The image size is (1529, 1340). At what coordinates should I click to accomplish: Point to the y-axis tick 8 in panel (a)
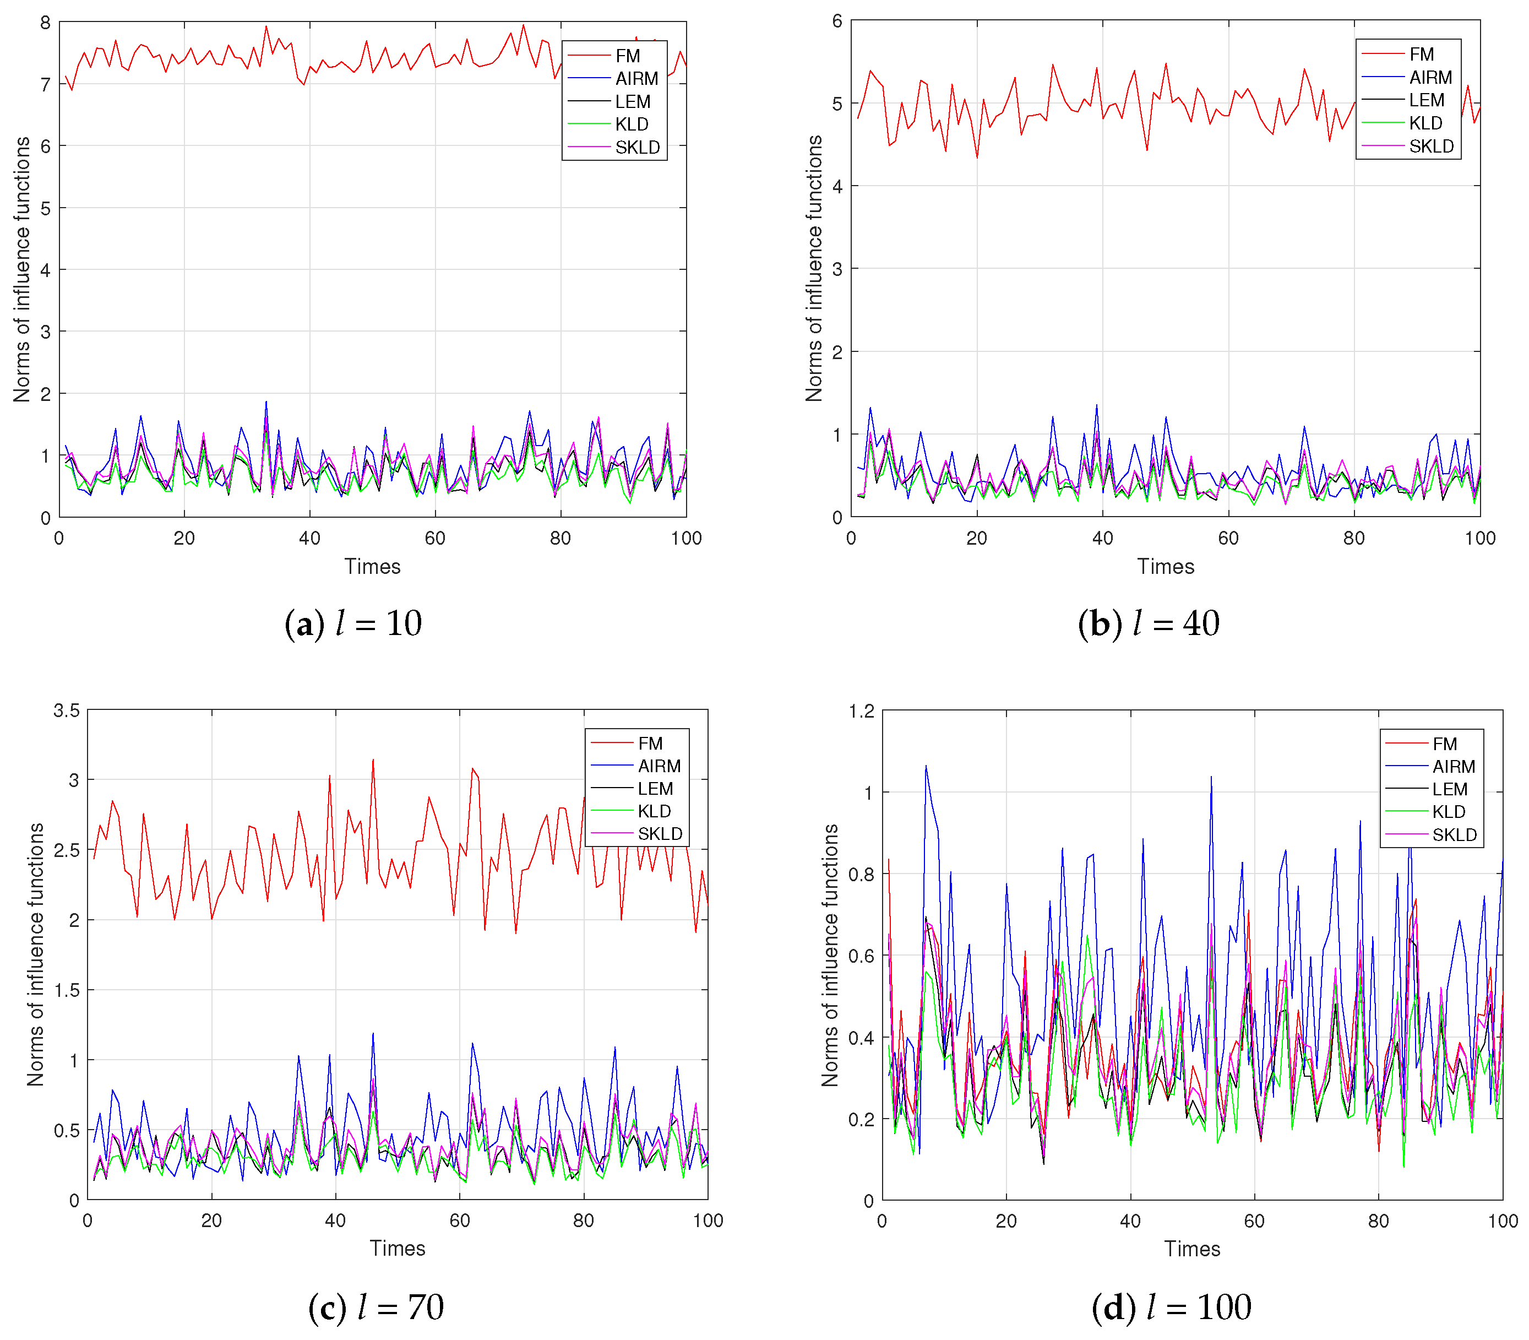46,23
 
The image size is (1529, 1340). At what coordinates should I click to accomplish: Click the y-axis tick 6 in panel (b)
837,21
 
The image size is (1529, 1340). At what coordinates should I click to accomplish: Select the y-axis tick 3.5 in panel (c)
67,710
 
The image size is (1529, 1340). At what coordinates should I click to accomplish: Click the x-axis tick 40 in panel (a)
309,539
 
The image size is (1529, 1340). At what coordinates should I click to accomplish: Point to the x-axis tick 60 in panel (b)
1228,539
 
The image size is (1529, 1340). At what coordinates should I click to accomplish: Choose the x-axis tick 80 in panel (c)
583,1221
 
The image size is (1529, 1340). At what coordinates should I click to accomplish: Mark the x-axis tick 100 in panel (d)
1502,1222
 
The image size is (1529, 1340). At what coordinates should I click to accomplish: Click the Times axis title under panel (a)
372,567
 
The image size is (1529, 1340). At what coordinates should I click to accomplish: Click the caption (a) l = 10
353,623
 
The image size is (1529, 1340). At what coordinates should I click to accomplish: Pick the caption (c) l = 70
376,1306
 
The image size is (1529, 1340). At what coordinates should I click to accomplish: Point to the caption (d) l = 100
1171,1306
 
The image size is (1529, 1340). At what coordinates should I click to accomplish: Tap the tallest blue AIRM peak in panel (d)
926,766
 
